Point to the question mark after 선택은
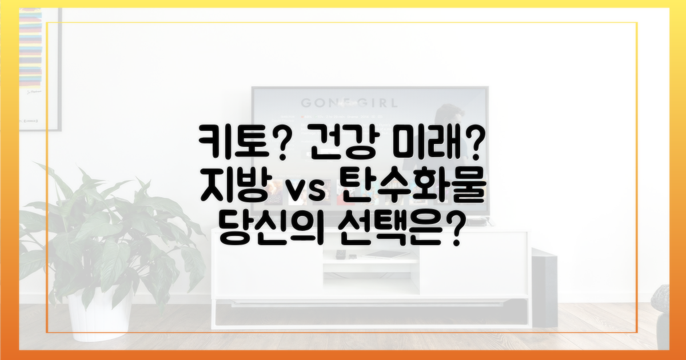point(452,235)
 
